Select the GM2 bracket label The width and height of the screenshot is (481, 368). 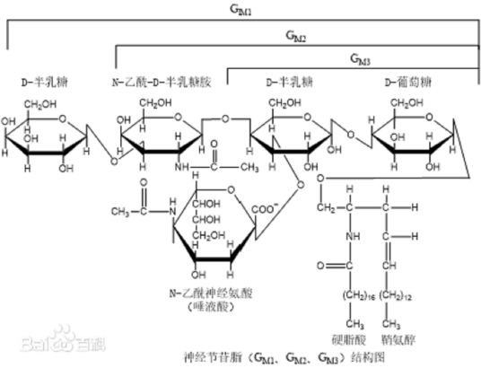pos(296,37)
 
